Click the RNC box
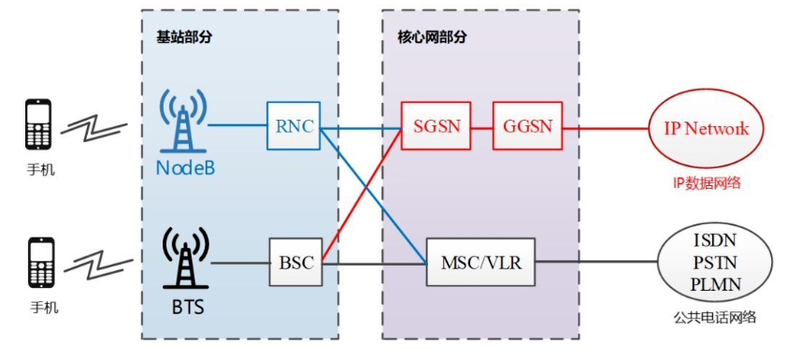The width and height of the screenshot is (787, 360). tap(294, 125)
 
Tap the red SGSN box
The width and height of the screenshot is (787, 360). tap(436, 125)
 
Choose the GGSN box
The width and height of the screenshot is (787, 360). tap(528, 125)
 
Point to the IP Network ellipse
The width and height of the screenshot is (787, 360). tap(707, 128)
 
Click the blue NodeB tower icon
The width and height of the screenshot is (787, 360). tap(183, 120)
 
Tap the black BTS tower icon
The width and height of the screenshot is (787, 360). tap(184, 256)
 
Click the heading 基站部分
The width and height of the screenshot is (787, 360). tap(181, 37)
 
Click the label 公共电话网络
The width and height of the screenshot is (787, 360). tap(713, 318)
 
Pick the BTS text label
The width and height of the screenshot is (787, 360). tap(184, 305)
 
